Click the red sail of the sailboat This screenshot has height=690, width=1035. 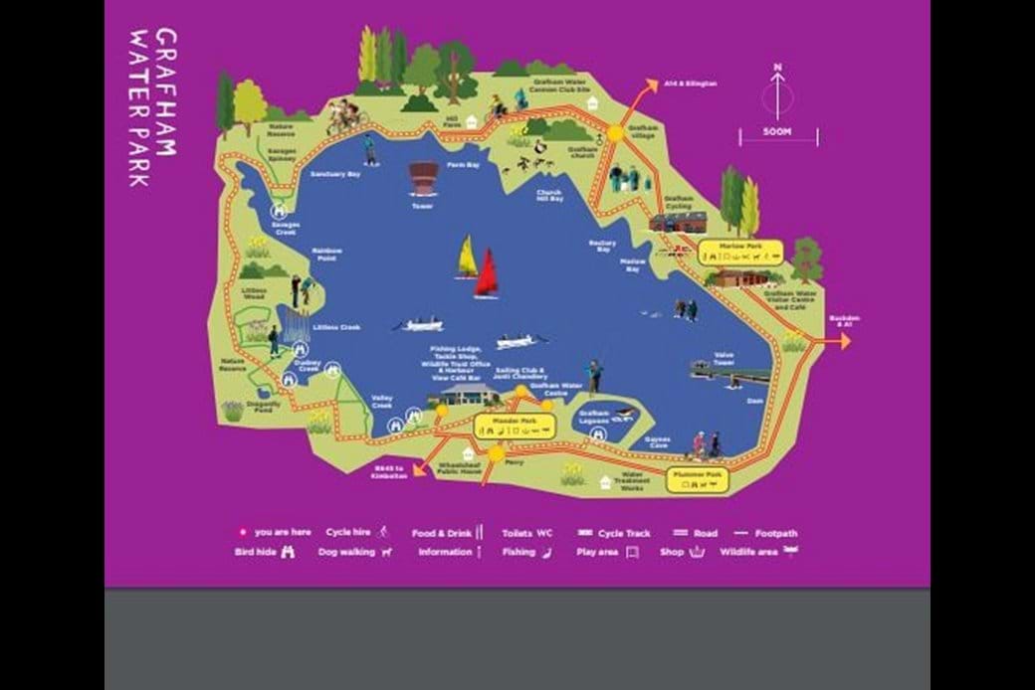click(x=487, y=273)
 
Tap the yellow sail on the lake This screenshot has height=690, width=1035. click(x=466, y=259)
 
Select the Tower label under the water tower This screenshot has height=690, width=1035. click(x=423, y=206)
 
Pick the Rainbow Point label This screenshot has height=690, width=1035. click(x=326, y=254)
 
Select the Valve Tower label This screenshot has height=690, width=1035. click(x=724, y=360)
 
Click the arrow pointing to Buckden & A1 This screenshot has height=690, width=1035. click(x=842, y=341)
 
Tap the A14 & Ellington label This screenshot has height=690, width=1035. click(x=689, y=84)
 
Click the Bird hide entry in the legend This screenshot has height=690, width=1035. click(x=263, y=552)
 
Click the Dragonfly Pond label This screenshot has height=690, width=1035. click(x=264, y=406)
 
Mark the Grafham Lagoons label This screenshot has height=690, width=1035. click(x=593, y=417)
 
